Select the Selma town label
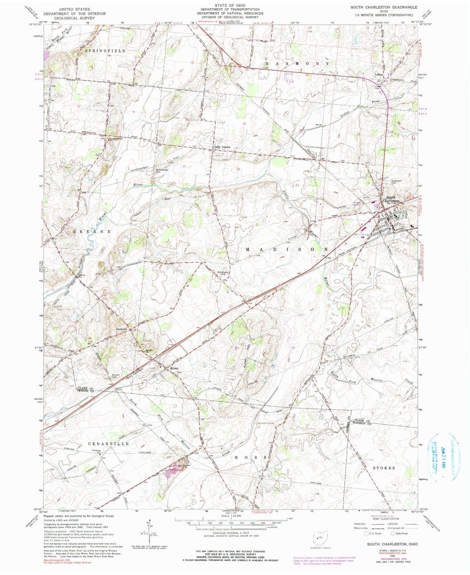pos(174,368)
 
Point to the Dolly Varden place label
pos(222,147)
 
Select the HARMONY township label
pos(297,64)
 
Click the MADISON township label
pos(286,249)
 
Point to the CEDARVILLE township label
pos(109,443)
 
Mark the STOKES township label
pos(384,468)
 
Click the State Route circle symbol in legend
pos(393,533)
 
